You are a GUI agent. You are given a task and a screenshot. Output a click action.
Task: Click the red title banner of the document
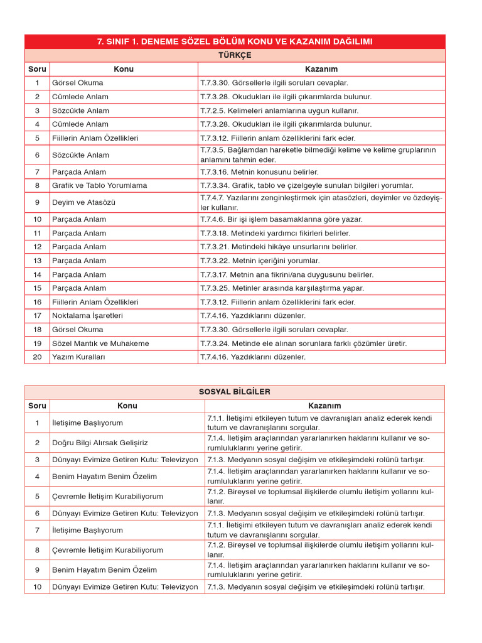tap(235, 41)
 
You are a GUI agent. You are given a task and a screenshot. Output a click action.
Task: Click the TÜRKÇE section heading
tap(235, 55)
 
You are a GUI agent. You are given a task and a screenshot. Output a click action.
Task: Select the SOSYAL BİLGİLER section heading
tap(235, 392)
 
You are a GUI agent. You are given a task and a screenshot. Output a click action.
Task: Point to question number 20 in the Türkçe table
tap(37, 357)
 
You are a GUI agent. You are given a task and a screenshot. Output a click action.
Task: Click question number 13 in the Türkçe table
tap(37, 261)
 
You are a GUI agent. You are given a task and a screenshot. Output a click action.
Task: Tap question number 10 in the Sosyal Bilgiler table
tap(37, 587)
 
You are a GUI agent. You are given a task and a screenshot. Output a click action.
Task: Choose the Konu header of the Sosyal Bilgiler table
tap(127, 406)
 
